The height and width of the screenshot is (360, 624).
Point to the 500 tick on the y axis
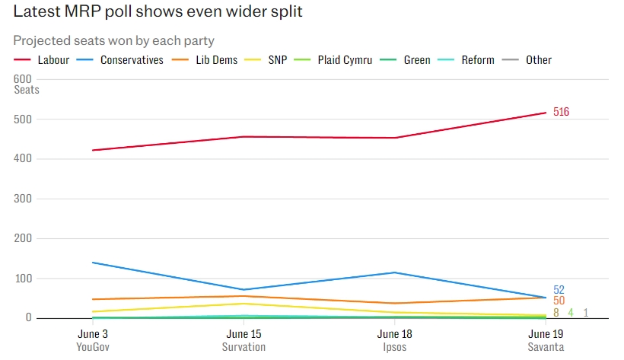(x=24, y=119)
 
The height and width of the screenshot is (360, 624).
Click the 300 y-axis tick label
(x=24, y=199)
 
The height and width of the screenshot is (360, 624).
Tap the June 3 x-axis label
(x=94, y=333)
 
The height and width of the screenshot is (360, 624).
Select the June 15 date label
(x=244, y=333)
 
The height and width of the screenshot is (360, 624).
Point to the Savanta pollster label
(x=546, y=347)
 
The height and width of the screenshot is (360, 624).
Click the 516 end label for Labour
(x=561, y=112)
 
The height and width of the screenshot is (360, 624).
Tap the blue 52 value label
(x=559, y=290)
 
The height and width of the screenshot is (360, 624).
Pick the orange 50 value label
(x=559, y=301)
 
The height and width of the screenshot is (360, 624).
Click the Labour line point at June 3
(x=94, y=150)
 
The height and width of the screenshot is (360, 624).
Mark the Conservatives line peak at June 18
(x=394, y=272)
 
